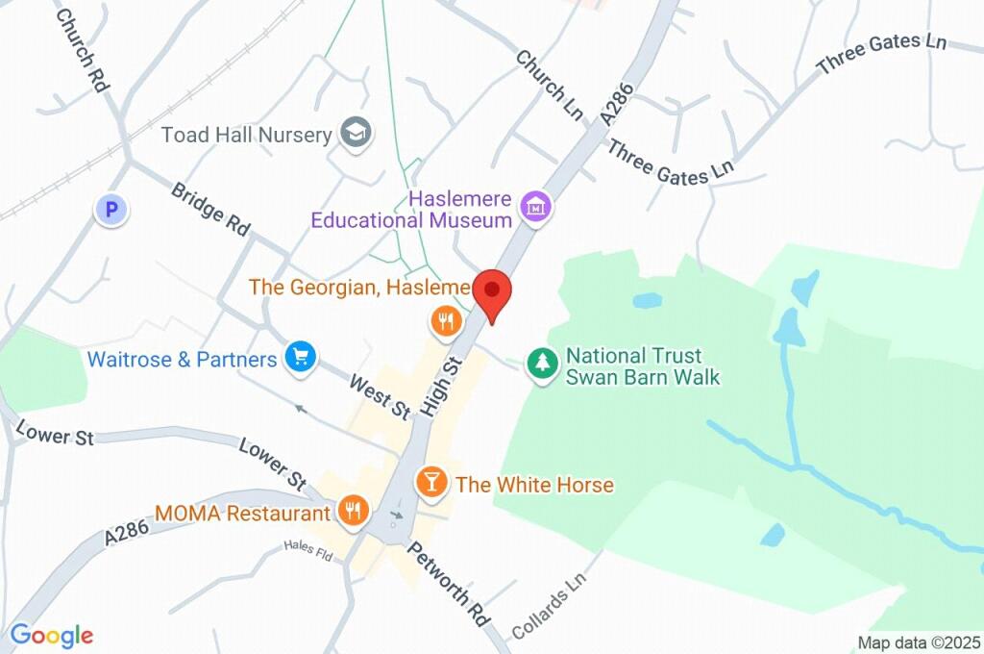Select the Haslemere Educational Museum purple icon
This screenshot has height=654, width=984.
[534, 205]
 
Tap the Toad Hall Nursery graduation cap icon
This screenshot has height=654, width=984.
[357, 134]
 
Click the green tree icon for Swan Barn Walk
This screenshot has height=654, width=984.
[543, 365]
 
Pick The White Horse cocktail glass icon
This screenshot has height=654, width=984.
[430, 483]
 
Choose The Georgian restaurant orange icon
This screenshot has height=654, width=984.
[444, 322]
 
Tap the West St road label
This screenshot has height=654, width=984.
[380, 395]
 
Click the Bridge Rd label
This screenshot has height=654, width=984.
[210, 209]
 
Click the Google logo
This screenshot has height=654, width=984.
[51, 635]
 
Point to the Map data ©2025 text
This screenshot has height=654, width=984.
[919, 642]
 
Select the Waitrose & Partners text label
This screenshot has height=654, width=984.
[182, 360]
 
